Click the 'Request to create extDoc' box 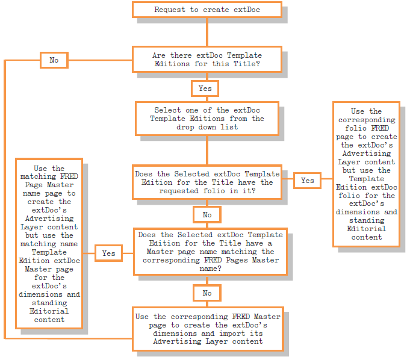pos(207,10)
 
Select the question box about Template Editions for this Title pos(207,59)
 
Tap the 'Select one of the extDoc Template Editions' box pos(207,119)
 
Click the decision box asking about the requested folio pos(207,182)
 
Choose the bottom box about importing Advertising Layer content pos(208,329)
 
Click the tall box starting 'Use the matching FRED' pos(49,244)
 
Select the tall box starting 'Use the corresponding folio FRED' pos(367,174)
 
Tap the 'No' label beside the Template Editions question pos(54,60)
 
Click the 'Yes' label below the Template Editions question pos(205,88)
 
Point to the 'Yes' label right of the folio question pos(307,180)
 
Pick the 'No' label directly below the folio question pos(207,215)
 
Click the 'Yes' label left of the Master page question pos(108,253)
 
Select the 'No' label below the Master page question pos(207,293)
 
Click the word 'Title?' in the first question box pos(248,63)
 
